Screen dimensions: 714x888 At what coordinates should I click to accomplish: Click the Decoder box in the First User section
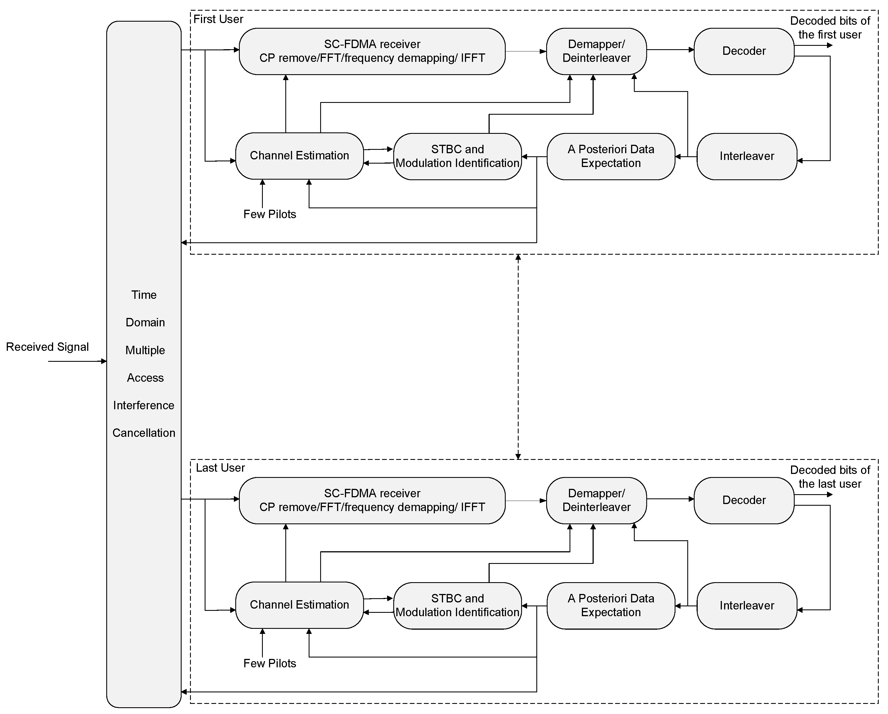pyautogui.click(x=744, y=51)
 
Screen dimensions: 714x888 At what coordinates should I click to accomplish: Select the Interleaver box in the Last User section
pyautogui.click(x=746, y=605)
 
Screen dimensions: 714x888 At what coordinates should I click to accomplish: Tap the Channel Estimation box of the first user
pyautogui.click(x=299, y=156)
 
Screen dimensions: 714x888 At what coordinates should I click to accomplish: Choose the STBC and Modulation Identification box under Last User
pyautogui.click(x=457, y=605)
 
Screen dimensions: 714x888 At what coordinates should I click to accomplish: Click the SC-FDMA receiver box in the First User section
pyautogui.click(x=372, y=51)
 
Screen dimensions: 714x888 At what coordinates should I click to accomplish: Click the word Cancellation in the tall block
pyautogui.click(x=144, y=433)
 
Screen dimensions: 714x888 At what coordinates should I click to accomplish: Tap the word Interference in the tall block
pyautogui.click(x=144, y=405)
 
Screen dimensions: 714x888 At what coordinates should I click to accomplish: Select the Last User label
pyautogui.click(x=220, y=468)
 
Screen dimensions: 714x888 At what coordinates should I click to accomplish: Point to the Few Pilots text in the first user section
pyautogui.click(x=270, y=214)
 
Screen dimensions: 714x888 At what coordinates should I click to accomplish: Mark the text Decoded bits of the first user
pyautogui.click(x=830, y=28)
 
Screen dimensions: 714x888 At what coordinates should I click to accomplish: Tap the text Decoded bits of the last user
pyautogui.click(x=830, y=477)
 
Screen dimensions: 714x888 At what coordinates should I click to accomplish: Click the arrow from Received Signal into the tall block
pyautogui.click(x=77, y=361)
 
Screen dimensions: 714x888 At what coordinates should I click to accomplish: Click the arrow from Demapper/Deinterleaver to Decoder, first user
pyautogui.click(x=670, y=50)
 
